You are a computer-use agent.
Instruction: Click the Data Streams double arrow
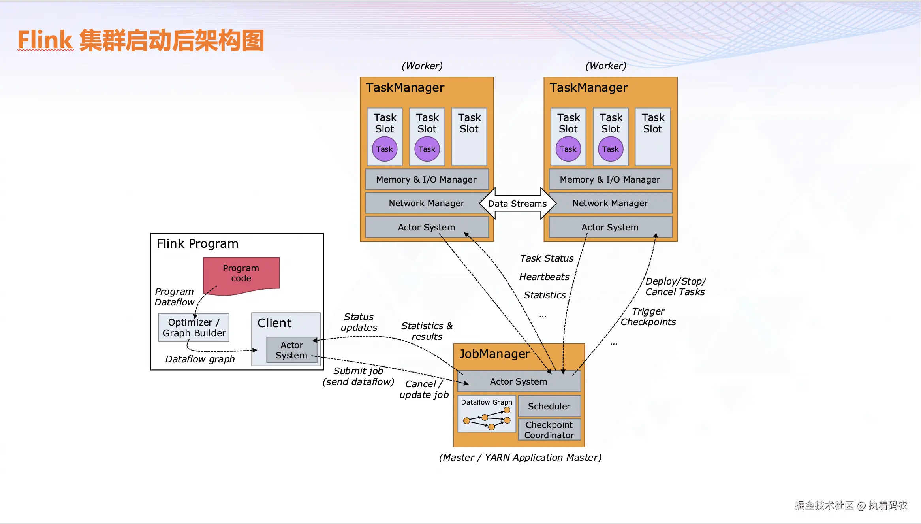tap(517, 204)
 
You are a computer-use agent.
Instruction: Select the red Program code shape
tap(241, 273)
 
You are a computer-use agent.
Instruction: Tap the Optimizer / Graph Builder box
tap(194, 328)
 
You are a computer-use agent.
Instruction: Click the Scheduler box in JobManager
tap(549, 406)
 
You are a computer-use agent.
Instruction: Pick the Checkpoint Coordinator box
tap(549, 430)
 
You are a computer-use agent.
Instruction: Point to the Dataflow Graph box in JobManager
tap(487, 414)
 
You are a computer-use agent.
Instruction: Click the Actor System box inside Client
tap(291, 350)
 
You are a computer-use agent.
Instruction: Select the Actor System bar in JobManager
tap(518, 381)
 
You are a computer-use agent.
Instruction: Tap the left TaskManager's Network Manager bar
tap(426, 203)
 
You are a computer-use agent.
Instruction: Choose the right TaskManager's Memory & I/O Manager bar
tap(610, 179)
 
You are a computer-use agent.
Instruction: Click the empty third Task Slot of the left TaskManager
tap(469, 137)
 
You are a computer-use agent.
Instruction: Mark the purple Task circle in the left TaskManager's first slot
tap(384, 149)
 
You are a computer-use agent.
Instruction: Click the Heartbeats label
tap(544, 277)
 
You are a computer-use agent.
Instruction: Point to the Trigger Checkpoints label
tap(648, 317)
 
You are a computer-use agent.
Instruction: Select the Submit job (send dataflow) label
tap(358, 377)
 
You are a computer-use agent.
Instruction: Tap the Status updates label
tap(359, 322)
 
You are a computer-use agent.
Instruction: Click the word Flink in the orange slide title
tap(45, 40)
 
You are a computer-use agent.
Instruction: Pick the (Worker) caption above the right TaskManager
tap(605, 66)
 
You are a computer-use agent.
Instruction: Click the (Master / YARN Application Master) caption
tap(520, 458)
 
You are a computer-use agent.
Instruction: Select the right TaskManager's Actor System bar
tap(610, 227)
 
